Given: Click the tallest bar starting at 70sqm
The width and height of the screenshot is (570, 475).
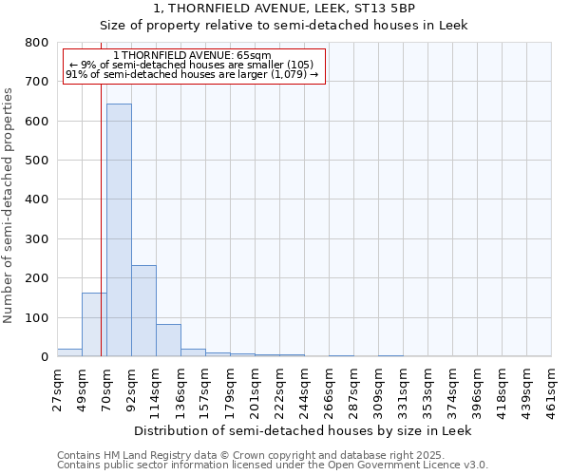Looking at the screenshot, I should tap(119, 230).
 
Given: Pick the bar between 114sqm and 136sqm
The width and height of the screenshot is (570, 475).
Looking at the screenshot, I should tap(168, 340).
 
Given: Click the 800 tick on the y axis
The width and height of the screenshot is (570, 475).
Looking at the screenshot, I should tap(37, 43).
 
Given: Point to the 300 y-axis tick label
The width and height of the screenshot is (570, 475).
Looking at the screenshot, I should tap(37, 239).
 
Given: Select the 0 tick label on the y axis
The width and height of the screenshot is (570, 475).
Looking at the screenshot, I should tap(44, 357).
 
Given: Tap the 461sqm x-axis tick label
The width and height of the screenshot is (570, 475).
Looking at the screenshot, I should tap(552, 390).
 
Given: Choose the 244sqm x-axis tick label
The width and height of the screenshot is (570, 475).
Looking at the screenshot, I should tap(305, 390).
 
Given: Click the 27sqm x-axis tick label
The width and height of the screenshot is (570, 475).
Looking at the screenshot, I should tap(58, 389).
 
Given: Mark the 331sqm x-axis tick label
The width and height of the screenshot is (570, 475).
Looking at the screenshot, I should tap(404, 390).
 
